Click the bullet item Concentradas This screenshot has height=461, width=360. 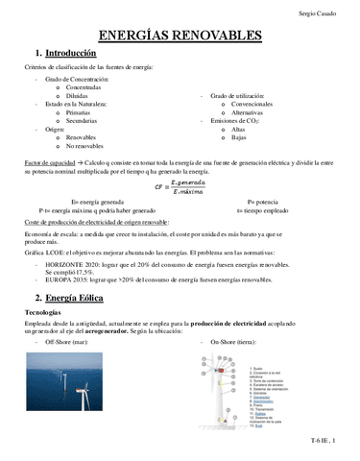(87, 87)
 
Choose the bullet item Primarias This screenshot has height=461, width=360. (81, 112)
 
